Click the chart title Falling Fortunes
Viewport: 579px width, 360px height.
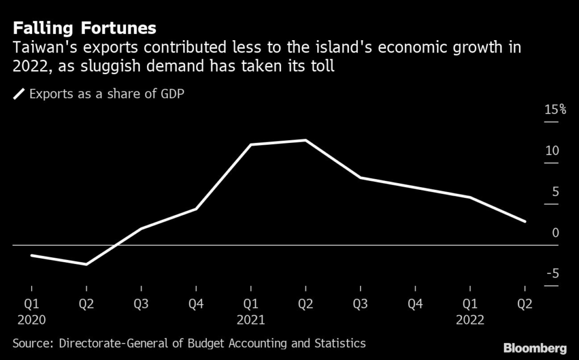(84, 28)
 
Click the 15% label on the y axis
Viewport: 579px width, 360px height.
(555, 110)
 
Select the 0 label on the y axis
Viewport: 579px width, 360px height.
(555, 233)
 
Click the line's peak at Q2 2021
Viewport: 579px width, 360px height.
(305, 140)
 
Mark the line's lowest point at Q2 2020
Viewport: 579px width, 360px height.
(87, 264)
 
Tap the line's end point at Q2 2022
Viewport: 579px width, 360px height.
(525, 222)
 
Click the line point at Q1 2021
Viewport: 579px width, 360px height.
(251, 145)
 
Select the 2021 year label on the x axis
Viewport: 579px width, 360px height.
(250, 320)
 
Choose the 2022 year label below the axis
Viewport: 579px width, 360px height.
(470, 320)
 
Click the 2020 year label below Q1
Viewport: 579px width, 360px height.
(31, 320)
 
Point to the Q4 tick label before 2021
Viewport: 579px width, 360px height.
(196, 305)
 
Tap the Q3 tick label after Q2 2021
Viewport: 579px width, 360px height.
(360, 305)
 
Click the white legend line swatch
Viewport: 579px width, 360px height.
(19, 94)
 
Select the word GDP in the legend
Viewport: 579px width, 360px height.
(172, 94)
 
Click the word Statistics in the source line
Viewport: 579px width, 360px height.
(338, 343)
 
